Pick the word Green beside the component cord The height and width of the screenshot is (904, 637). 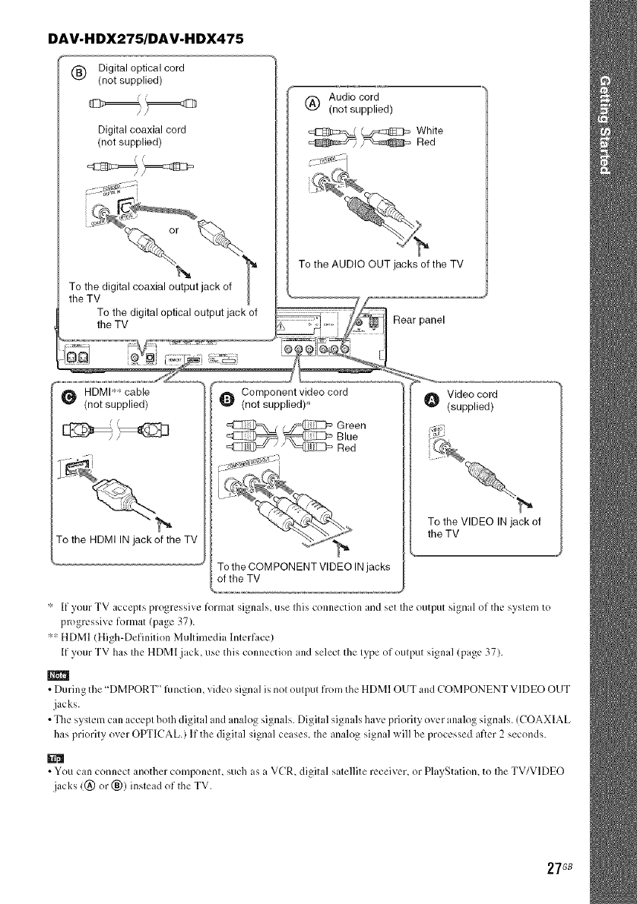(352, 424)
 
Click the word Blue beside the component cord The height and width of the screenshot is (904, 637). (347, 436)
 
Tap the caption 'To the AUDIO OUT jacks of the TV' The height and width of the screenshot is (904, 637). (382, 264)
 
